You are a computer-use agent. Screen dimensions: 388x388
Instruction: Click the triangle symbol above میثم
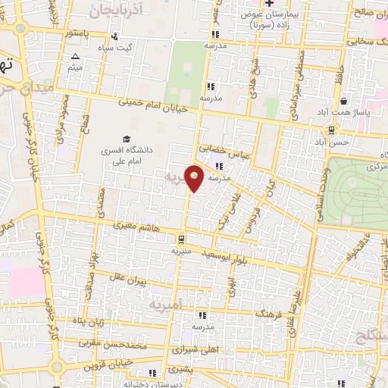[x=75, y=57]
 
